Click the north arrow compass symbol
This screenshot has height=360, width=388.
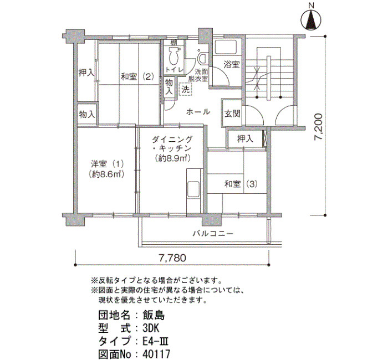[311, 20]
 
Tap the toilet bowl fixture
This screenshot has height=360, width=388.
[173, 56]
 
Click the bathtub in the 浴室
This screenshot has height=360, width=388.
[226, 47]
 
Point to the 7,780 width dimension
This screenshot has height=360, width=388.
[172, 258]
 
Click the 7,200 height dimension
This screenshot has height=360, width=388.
[319, 127]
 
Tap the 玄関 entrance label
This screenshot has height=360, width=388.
[232, 114]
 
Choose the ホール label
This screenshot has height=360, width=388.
[198, 112]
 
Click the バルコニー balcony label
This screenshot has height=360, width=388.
[213, 234]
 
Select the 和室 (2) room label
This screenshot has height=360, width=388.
[137, 76]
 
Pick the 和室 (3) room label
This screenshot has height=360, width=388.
[241, 184]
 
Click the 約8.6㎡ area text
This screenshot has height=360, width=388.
[107, 174]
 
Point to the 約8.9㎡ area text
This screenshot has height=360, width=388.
[172, 158]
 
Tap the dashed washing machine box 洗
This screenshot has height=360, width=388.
[185, 89]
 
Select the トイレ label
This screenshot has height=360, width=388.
[175, 69]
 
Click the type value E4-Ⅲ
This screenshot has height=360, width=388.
[155, 342]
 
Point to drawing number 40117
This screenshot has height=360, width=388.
[156, 354]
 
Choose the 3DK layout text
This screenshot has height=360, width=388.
[151, 328]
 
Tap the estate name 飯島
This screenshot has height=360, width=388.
[154, 315]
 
